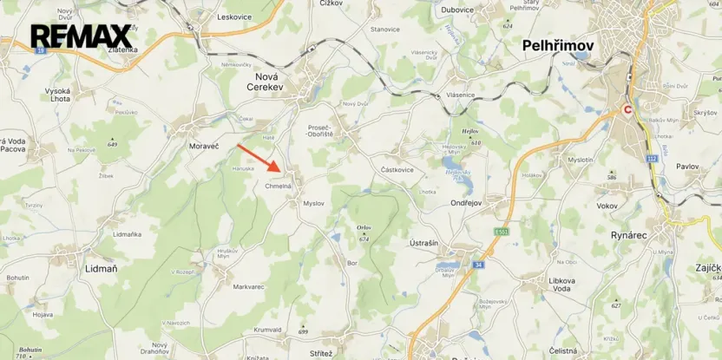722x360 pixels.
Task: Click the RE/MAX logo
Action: [81, 36]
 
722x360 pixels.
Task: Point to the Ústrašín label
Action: [423, 243]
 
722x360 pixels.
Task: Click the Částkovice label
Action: [397, 169]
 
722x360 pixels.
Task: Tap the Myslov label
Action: [313, 203]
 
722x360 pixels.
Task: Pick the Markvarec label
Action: [248, 285]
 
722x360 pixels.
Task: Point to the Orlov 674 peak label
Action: [364, 232]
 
